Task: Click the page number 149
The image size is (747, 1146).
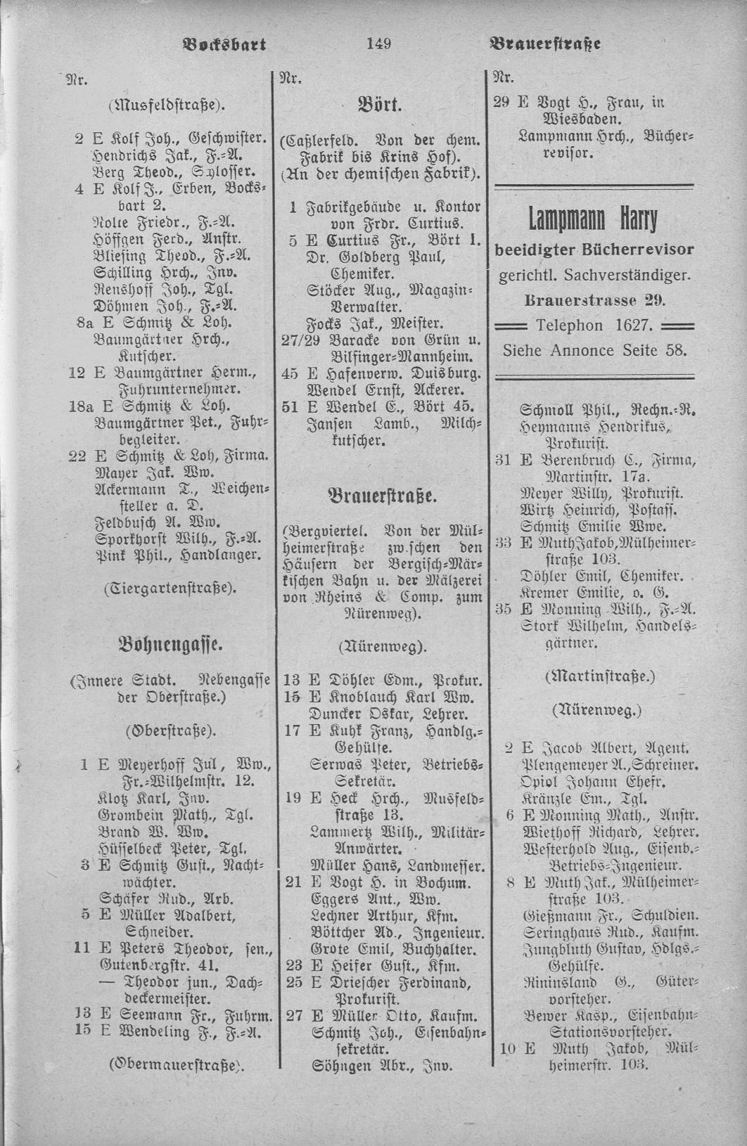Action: [x=378, y=44]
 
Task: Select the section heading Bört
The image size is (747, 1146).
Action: [x=380, y=107]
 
